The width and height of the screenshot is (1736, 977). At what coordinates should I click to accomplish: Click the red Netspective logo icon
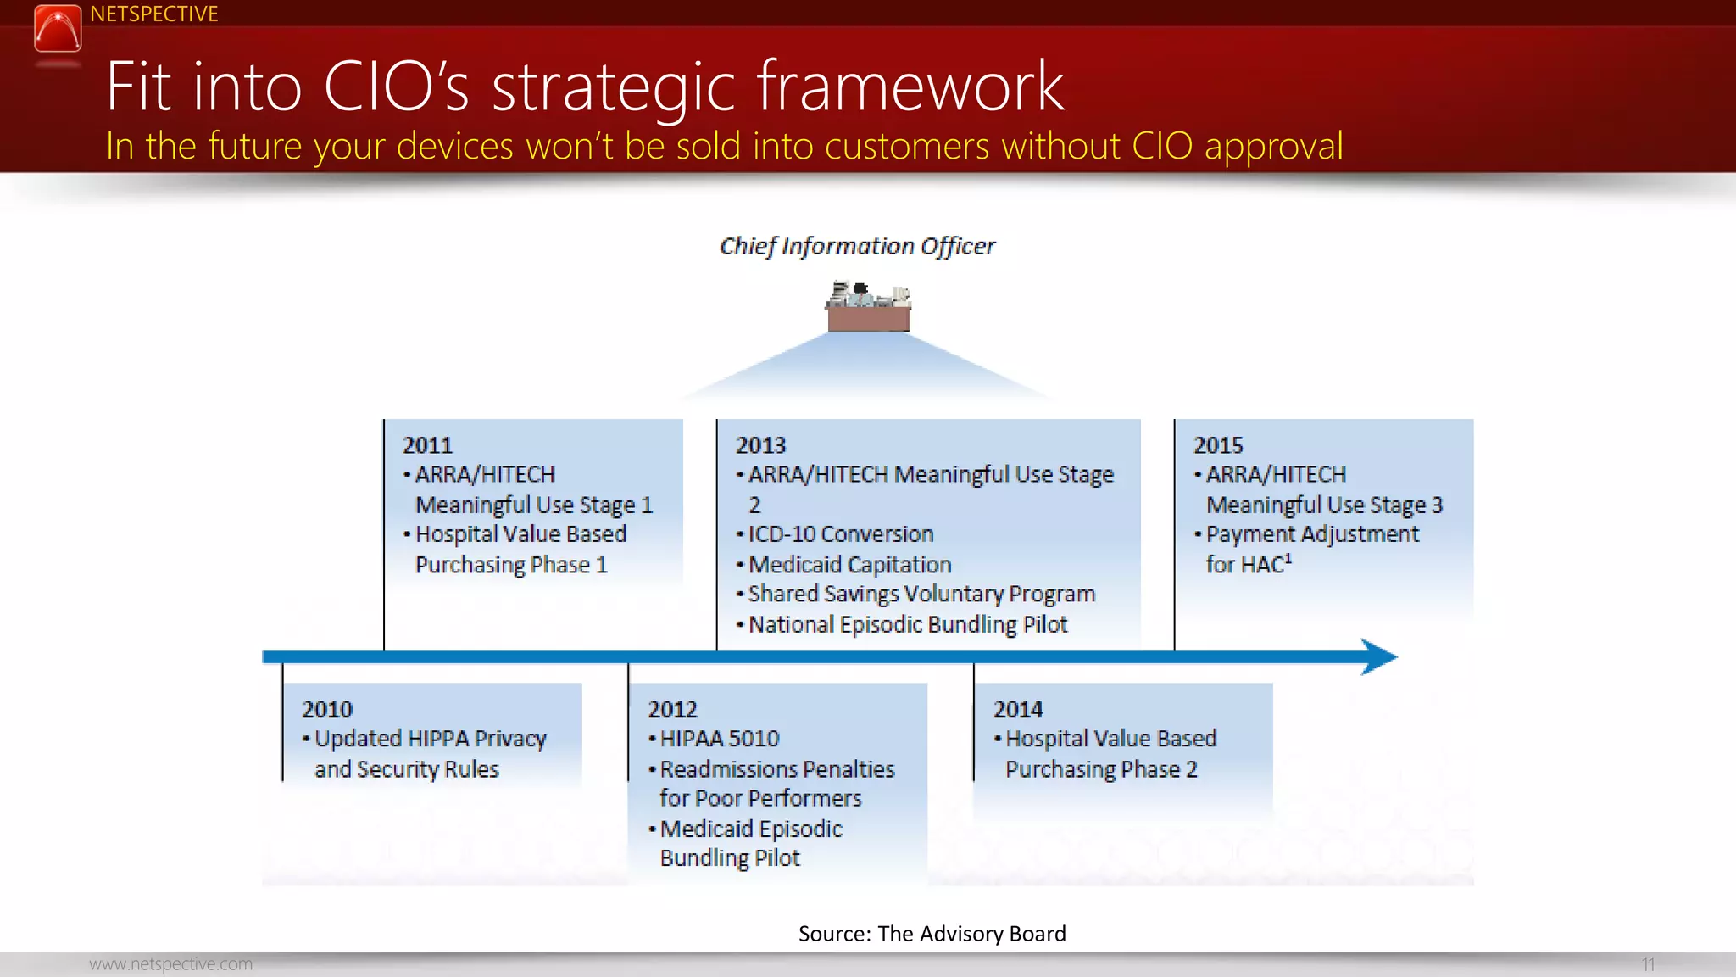58,28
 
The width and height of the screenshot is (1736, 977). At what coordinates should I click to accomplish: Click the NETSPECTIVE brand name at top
153,14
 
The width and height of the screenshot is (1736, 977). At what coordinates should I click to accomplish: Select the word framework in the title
910,87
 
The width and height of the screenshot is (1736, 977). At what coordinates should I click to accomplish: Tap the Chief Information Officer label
857,246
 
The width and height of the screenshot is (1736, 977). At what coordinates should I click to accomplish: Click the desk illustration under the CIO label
868,307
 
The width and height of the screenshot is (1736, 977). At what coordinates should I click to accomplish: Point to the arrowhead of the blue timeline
1380,656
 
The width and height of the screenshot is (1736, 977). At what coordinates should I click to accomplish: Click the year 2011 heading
427,445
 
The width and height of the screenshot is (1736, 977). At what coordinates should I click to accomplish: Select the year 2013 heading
760,445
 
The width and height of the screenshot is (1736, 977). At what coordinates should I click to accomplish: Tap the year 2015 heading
1218,445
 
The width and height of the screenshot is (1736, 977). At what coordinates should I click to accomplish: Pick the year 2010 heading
327,709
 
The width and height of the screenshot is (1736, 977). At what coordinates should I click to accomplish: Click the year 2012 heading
672,709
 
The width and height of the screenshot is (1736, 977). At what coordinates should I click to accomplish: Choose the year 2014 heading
1018,709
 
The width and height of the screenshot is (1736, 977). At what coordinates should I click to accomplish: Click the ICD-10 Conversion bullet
840,534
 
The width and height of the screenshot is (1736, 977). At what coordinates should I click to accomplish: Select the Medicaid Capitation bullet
849,565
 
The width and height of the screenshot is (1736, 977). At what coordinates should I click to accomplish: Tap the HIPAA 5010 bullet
719,739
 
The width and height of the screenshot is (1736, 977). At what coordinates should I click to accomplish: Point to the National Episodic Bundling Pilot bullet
907,625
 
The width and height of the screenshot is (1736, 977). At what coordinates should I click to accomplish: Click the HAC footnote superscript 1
1288,558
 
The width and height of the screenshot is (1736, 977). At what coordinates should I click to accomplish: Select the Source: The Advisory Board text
932,934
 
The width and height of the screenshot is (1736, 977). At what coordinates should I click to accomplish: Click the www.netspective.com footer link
170,964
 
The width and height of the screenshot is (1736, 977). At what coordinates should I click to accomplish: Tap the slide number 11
1648,964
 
